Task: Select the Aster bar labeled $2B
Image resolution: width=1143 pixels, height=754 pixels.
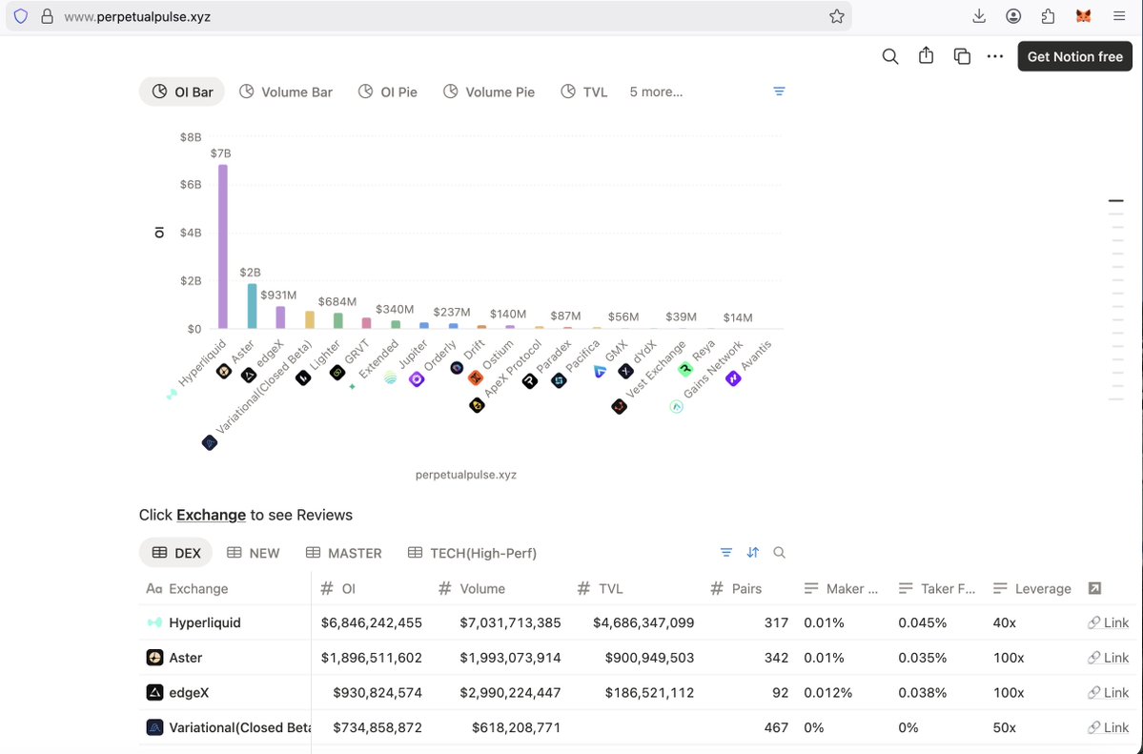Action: (252, 305)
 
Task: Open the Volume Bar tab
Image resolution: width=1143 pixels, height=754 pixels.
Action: (286, 92)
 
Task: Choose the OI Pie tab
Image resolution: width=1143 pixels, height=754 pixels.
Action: (388, 92)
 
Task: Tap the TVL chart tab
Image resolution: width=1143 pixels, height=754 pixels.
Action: (583, 92)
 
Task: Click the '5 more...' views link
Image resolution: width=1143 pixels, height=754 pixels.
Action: (656, 92)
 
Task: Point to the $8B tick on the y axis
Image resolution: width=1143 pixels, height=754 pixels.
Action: (191, 137)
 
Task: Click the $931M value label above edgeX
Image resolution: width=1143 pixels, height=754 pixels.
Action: (278, 295)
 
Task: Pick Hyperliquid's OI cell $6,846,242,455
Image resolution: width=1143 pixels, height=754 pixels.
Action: (372, 623)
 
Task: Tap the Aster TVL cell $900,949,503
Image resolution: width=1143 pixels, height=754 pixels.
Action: (649, 658)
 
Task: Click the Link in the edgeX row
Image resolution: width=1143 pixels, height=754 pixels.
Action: (1109, 693)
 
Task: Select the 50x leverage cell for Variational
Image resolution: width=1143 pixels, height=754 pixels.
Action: (1005, 727)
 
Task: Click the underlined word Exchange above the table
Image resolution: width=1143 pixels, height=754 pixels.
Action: (211, 515)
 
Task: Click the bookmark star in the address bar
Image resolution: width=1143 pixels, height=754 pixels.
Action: (837, 16)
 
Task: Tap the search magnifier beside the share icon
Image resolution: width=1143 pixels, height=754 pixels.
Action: (890, 56)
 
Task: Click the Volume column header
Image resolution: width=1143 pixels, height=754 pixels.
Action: (481, 589)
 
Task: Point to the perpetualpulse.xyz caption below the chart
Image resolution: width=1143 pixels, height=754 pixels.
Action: (466, 475)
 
